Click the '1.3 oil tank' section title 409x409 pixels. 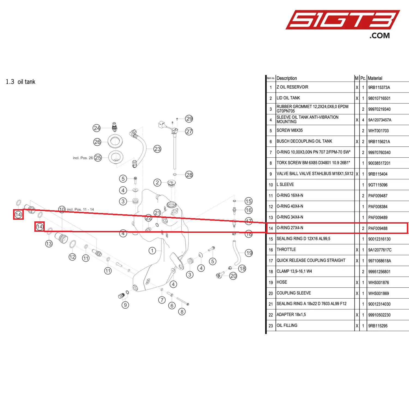point(21,82)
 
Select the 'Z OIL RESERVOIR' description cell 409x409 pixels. point(292,87)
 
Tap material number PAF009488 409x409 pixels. point(378,228)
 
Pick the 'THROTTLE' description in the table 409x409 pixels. point(286,250)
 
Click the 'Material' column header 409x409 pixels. point(375,78)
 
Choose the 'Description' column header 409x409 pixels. point(287,78)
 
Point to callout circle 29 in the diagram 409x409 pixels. point(189,119)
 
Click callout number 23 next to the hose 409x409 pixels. point(157,149)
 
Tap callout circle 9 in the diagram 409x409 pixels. point(125,305)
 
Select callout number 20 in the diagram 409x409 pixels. point(233,276)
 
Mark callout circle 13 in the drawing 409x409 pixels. point(49,243)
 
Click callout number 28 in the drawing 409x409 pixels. point(189,175)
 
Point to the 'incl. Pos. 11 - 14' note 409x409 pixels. point(80,209)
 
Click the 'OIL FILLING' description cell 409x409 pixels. point(287,326)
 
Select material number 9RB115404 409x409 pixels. point(378,174)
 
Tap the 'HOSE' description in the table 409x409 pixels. point(282,282)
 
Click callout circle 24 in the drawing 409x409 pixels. point(97,128)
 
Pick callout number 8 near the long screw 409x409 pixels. point(182,311)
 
